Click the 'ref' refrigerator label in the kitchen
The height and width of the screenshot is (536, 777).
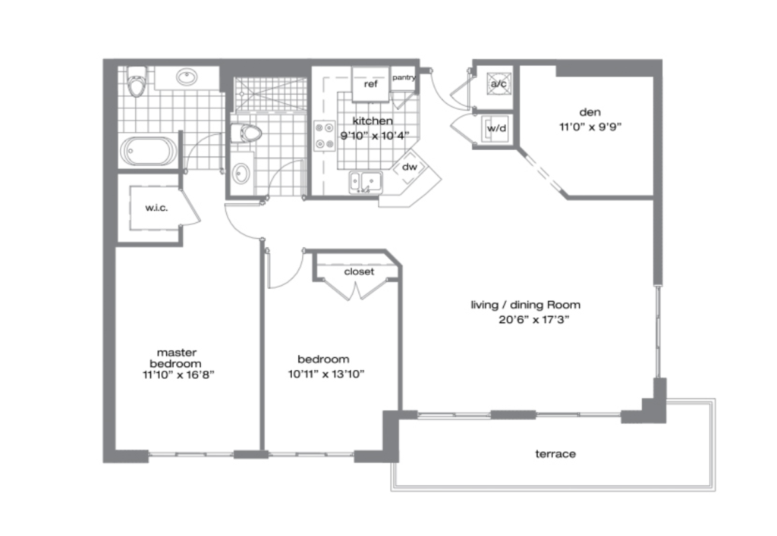coord(370,84)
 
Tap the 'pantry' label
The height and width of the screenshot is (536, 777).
coord(404,77)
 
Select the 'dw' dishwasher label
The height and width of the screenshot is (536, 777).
coord(409,167)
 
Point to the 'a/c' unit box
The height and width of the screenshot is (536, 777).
coord(498,84)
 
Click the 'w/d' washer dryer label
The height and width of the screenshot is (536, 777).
coord(496,129)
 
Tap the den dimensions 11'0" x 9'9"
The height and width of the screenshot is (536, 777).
coord(590,127)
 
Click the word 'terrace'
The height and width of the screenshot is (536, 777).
coord(555,454)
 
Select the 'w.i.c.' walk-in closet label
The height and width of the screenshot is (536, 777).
coord(156,208)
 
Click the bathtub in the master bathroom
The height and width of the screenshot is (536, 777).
coord(149,151)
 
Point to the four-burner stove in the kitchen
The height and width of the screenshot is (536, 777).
coord(325,136)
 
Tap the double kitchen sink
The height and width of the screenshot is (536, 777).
coord(366,182)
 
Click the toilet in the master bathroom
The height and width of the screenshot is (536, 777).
coord(137,82)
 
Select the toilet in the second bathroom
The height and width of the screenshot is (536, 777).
coord(246,133)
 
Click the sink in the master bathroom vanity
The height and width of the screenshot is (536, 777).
coord(187,77)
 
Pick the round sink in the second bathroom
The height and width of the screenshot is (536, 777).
coord(241,173)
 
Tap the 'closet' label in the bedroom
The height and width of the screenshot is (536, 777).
coord(359,271)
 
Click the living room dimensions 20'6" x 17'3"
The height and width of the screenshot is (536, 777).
coord(533,320)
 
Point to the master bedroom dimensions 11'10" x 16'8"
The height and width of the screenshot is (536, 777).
coord(178,375)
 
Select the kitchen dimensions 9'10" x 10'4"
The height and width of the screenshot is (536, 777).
coord(375,136)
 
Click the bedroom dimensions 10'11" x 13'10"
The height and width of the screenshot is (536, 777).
coord(326,375)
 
